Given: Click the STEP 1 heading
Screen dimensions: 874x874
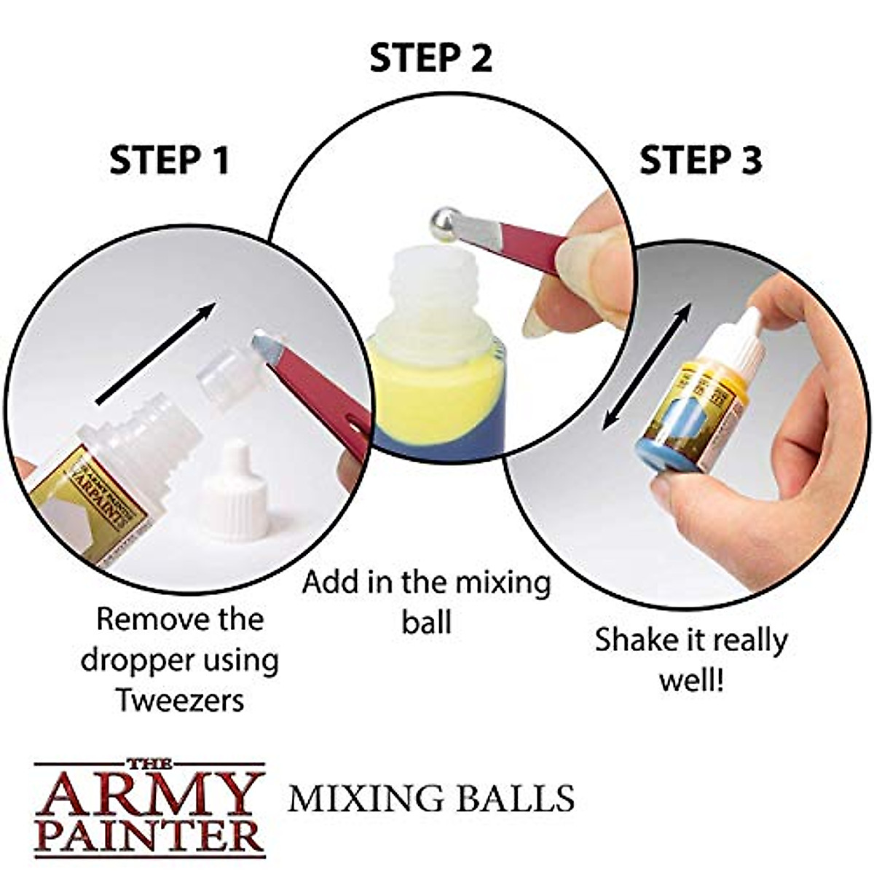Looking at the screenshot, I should [169, 161].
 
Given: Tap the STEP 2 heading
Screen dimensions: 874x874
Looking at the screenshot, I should [430, 58].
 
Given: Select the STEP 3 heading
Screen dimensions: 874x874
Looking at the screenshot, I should [700, 161].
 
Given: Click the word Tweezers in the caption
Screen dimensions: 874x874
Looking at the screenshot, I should [179, 701].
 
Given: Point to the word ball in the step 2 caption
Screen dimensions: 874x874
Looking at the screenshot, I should [426, 623].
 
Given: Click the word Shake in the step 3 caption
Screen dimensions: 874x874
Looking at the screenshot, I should [630, 642].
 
